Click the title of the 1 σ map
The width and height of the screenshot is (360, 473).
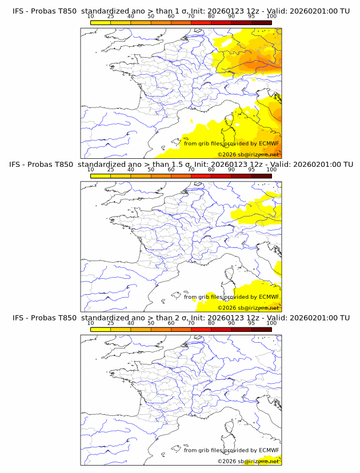[181, 11]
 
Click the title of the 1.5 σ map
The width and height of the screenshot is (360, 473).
[181, 164]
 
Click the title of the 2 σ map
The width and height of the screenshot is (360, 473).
[181, 318]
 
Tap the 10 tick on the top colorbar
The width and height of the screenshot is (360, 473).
[90, 16]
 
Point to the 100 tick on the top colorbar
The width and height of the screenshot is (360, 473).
[271, 16]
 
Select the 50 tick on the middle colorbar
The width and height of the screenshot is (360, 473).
[151, 170]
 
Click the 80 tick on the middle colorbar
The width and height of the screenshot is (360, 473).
[211, 170]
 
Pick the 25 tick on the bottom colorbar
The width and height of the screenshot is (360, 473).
[110, 323]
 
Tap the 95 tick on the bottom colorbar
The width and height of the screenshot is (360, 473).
[251, 323]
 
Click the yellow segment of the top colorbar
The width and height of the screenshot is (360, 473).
[101, 22]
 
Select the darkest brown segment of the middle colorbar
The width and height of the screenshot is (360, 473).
[261, 176]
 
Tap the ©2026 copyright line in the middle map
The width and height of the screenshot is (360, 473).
[248, 307]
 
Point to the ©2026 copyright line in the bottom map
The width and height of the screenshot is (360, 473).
[248, 461]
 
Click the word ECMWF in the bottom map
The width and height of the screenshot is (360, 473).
[269, 451]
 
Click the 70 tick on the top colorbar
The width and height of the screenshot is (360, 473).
[191, 16]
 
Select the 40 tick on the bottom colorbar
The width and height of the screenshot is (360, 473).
[131, 323]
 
